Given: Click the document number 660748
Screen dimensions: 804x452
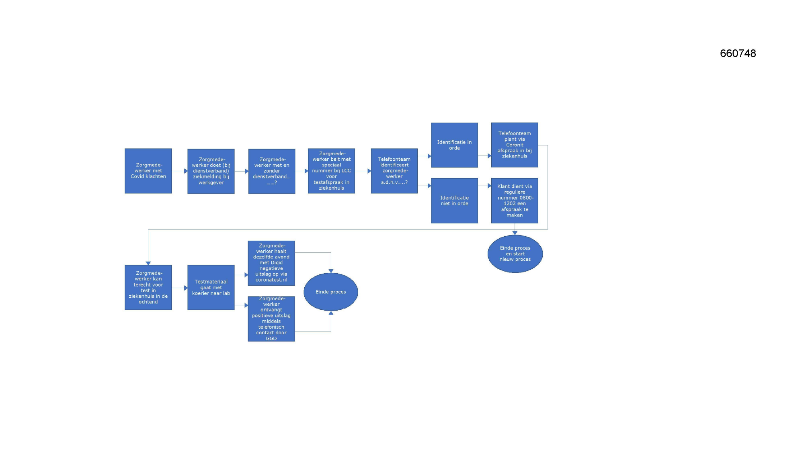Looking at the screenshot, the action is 738,53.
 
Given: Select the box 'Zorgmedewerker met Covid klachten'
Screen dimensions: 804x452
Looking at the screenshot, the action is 148,171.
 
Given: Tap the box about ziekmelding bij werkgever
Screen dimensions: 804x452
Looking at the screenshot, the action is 211,171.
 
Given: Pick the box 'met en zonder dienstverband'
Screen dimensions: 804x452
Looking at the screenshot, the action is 272,171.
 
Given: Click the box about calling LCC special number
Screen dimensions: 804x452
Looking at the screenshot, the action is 331,171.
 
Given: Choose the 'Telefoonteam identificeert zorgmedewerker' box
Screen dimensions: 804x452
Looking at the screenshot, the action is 394,171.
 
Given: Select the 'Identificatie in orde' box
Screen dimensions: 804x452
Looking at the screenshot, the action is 454,145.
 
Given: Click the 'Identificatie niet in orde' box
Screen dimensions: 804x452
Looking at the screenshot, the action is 454,200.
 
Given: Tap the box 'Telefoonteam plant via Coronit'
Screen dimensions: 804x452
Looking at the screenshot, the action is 515,145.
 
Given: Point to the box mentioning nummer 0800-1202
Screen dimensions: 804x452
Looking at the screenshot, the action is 515,200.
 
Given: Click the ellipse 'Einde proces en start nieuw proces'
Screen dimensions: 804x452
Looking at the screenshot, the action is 515,254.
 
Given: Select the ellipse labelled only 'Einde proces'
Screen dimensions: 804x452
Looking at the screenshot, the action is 331,292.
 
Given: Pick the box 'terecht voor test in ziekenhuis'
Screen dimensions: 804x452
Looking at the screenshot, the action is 148,287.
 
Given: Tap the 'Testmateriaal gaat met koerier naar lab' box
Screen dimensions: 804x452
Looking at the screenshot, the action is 211,287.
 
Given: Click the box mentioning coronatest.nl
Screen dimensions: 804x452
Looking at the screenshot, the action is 271,263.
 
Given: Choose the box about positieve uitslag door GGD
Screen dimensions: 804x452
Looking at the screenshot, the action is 271,319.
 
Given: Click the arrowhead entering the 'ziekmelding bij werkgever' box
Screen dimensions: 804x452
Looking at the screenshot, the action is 186,171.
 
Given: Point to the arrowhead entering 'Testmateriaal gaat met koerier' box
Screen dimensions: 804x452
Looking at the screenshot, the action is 186,288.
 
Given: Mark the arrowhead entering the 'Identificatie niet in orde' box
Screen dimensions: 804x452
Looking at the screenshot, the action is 429,186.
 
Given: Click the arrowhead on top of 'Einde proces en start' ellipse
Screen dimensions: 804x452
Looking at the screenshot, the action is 515,233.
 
